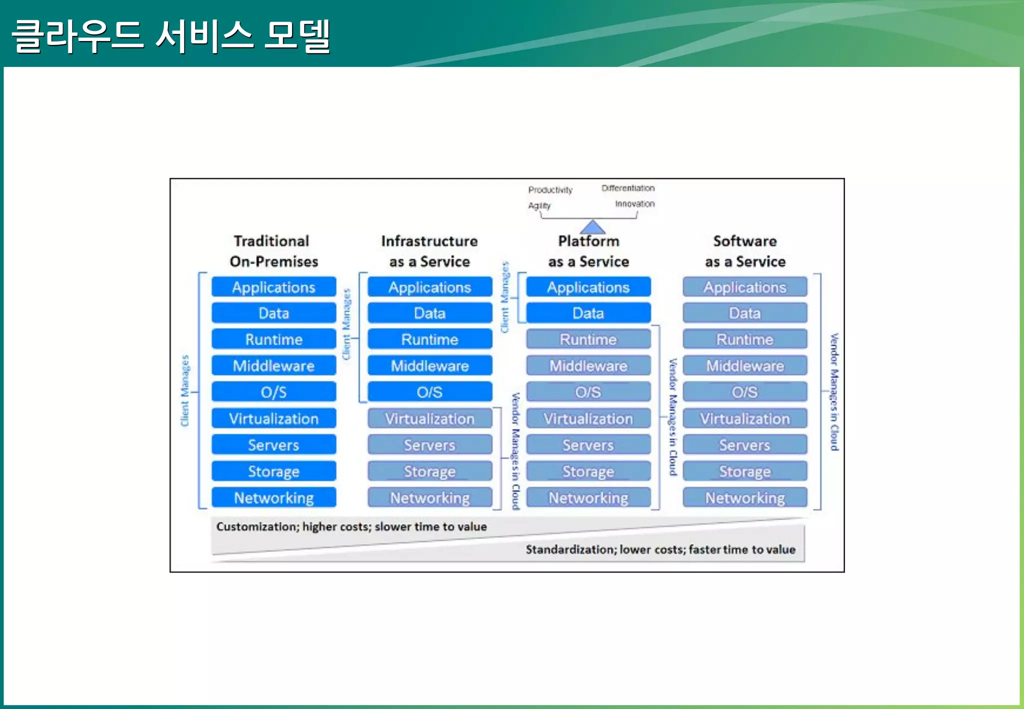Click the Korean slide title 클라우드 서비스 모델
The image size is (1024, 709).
[x=171, y=36]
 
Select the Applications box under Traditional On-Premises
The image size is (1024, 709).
[x=273, y=287]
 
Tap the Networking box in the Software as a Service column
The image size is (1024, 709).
[x=744, y=497]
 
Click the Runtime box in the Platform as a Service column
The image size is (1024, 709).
[x=588, y=339]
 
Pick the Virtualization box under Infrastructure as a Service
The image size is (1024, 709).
[x=429, y=418]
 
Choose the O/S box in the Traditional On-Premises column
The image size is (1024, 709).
[x=273, y=392]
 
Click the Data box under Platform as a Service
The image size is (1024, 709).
[x=588, y=313]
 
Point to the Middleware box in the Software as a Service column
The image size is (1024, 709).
[x=744, y=365]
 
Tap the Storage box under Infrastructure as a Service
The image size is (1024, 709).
[x=429, y=471]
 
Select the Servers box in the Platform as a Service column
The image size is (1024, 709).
[x=588, y=444]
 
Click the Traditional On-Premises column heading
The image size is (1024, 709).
[x=273, y=251]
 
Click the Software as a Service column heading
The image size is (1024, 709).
[x=744, y=251]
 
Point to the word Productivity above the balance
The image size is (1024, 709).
[x=550, y=190]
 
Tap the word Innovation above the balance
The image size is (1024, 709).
[x=634, y=204]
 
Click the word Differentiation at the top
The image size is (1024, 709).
[x=627, y=188]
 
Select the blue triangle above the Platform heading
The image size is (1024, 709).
[x=592, y=227]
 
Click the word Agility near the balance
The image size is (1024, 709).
[x=539, y=205]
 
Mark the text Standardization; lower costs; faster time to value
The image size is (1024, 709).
[x=660, y=549]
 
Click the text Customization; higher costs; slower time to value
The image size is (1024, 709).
[x=351, y=526]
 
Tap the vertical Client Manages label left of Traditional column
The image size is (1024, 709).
[x=185, y=390]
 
